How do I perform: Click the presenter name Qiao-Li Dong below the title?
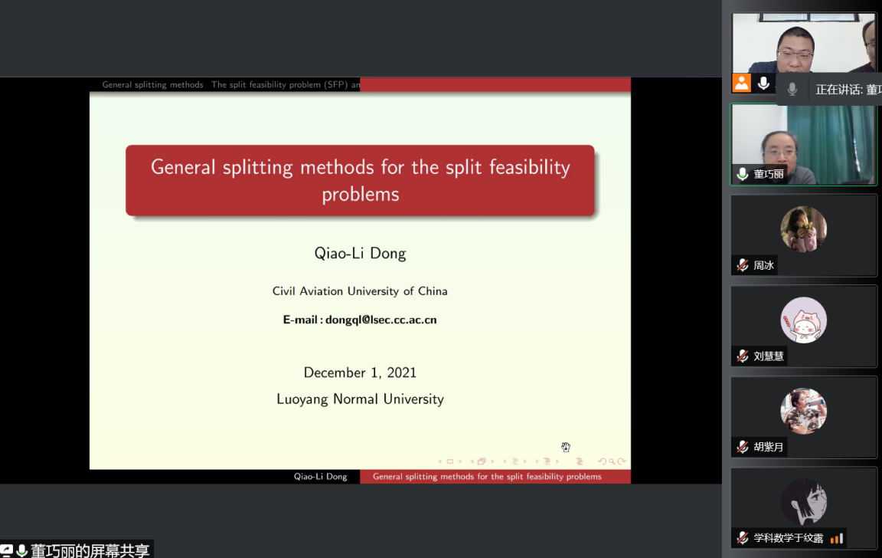pyautogui.click(x=360, y=254)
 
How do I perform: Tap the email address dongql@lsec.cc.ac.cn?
pyautogui.click(x=381, y=320)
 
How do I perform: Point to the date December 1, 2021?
pyautogui.click(x=360, y=373)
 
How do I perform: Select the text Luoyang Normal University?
pyautogui.click(x=360, y=399)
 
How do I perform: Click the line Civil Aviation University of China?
pyautogui.click(x=360, y=291)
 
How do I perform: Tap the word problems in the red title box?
pyautogui.click(x=361, y=195)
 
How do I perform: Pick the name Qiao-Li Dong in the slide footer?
pyautogui.click(x=320, y=476)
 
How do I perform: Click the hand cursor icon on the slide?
pyautogui.click(x=566, y=447)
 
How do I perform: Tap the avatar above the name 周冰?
pyautogui.click(x=803, y=229)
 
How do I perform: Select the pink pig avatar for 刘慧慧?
pyautogui.click(x=803, y=320)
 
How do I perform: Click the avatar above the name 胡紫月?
pyautogui.click(x=803, y=411)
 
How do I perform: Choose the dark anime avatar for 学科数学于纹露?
pyautogui.click(x=803, y=502)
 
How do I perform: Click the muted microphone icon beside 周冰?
pyautogui.click(x=743, y=265)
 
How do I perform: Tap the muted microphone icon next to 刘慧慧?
pyautogui.click(x=743, y=356)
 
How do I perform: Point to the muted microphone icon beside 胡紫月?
pyautogui.click(x=743, y=447)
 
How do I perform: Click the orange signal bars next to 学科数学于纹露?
pyautogui.click(x=837, y=538)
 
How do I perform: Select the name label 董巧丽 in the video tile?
pyautogui.click(x=769, y=174)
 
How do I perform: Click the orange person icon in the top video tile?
pyautogui.click(x=741, y=84)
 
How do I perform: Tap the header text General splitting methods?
pyautogui.click(x=152, y=85)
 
